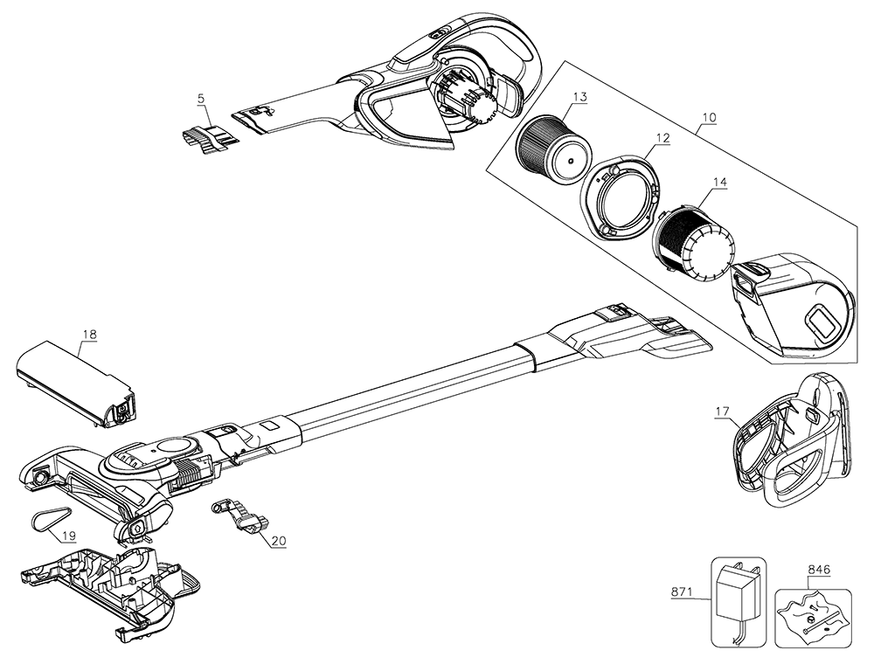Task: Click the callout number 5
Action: coord(202,98)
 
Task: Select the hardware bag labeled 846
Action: coord(812,612)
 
